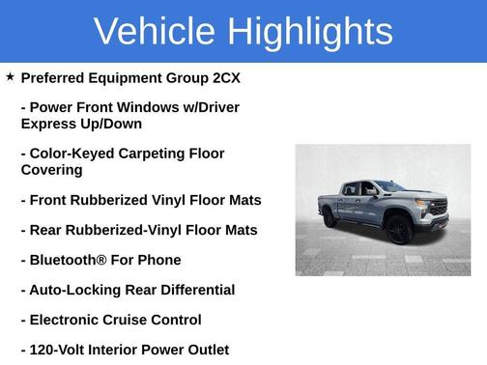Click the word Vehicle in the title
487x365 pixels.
154,32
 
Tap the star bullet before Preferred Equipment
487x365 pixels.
10,76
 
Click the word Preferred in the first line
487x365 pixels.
54,77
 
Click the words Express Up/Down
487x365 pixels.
81,124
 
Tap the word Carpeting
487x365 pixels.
157,154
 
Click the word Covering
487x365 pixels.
51,170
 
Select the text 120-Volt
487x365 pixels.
60,350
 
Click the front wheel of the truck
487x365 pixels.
397,232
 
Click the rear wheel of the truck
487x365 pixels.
330,219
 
